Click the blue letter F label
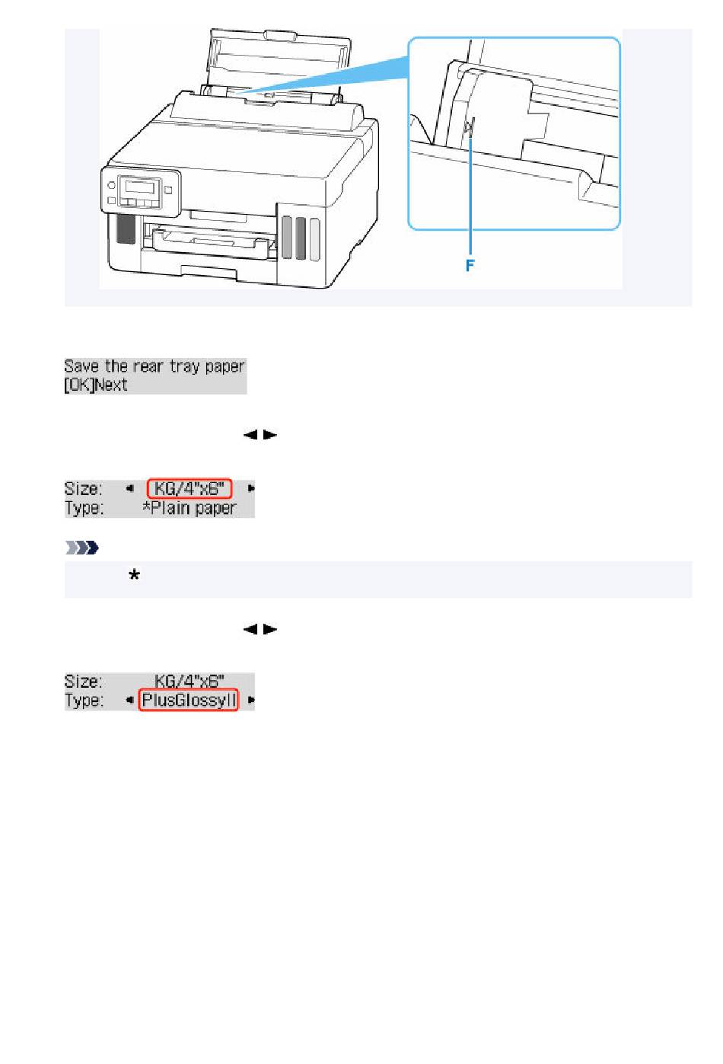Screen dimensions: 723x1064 tap(470, 266)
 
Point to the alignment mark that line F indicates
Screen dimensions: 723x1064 tap(470, 126)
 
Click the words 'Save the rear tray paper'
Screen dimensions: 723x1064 tap(154, 366)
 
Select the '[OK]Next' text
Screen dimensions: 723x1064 tap(96, 385)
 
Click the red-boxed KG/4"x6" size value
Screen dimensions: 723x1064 tap(190, 488)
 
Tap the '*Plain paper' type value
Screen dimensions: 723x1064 tap(190, 508)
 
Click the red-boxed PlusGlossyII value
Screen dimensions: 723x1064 tap(190, 700)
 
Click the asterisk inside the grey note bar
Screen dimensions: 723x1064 tap(134, 577)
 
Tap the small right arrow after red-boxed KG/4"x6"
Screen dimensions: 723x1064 tap(250, 488)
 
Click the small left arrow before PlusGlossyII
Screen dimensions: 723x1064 tap(129, 700)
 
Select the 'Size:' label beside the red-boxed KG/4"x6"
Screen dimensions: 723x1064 tap(83, 488)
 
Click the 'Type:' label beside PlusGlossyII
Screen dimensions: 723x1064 tap(84, 700)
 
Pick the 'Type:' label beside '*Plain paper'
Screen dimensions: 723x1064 tap(84, 508)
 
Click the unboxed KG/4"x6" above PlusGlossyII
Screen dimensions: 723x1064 tap(190, 681)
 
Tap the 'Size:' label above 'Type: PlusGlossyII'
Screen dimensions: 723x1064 tap(83, 681)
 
